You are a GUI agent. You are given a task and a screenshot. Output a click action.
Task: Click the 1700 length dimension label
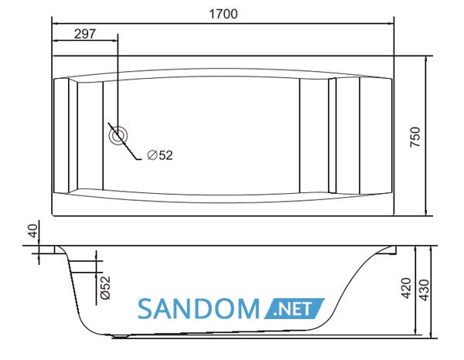[223, 14]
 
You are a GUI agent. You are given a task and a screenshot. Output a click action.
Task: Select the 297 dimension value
[85, 34]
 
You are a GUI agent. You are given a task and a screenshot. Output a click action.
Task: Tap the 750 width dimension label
[415, 137]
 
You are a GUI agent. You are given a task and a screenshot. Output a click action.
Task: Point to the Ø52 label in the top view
[160, 155]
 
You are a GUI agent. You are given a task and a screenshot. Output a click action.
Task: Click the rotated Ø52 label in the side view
[105, 287]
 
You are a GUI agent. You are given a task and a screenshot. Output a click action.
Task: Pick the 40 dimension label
[33, 231]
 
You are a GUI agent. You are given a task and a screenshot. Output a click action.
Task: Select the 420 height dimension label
[405, 288]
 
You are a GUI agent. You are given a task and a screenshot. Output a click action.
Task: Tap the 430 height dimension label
[425, 290]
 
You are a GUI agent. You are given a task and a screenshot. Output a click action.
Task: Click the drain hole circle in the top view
[118, 135]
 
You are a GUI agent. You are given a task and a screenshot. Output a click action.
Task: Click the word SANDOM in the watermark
[199, 309]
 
